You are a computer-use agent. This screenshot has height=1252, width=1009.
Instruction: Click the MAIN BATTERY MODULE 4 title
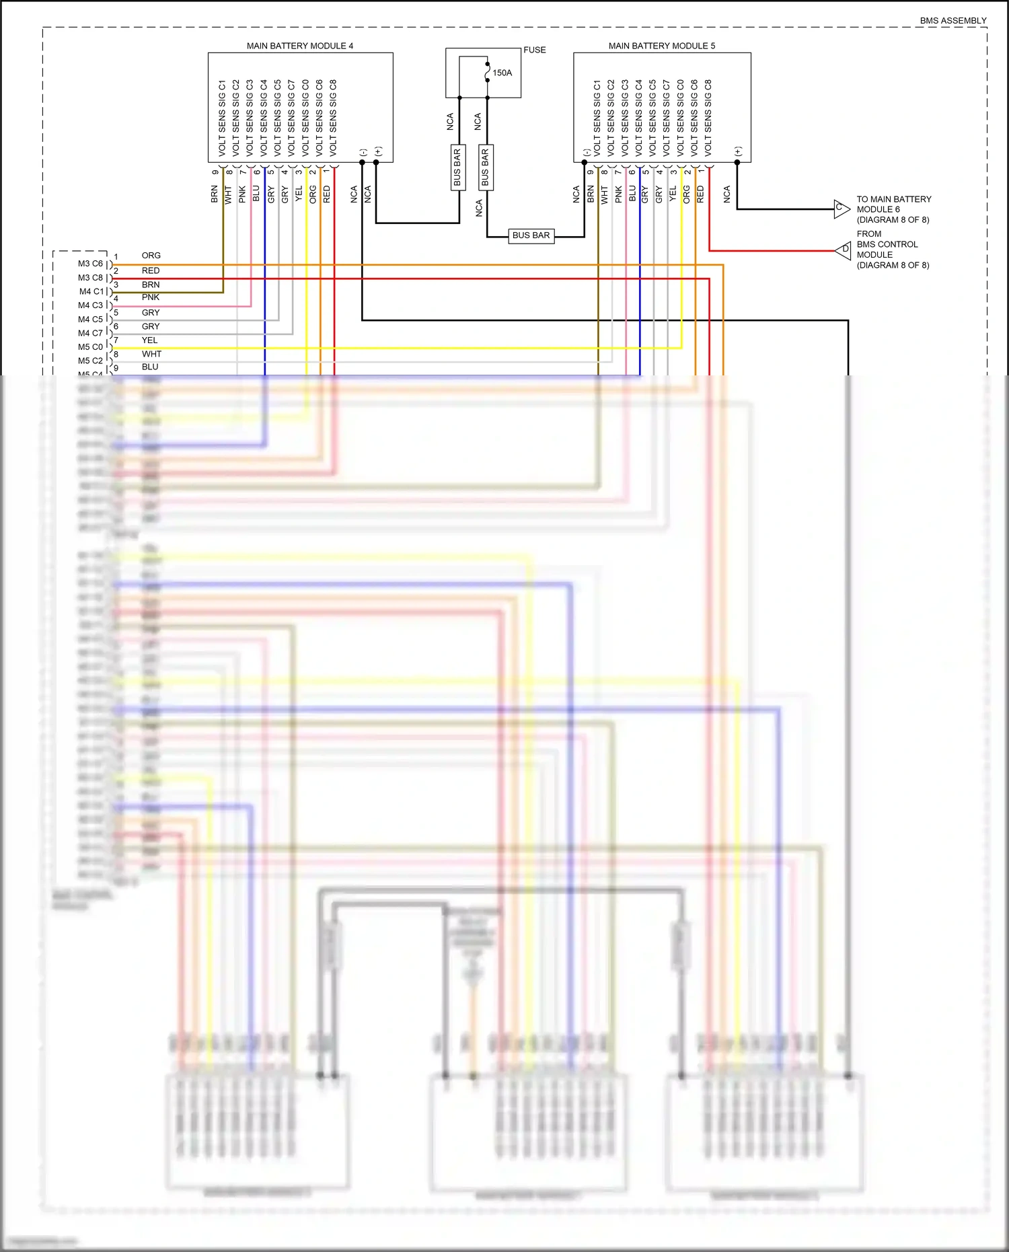pos(299,46)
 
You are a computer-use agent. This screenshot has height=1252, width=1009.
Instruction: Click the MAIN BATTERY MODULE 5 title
pos(661,46)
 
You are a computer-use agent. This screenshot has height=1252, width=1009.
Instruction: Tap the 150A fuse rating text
pos(502,73)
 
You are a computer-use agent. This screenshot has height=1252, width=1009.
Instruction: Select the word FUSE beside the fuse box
pos(535,50)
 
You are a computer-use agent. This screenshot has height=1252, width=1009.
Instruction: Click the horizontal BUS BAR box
pos(531,235)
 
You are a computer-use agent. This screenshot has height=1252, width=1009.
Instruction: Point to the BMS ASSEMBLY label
pos(952,21)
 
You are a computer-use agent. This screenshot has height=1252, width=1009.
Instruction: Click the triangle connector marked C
pos(841,209)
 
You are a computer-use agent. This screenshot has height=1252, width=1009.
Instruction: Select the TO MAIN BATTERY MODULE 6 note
pos(893,209)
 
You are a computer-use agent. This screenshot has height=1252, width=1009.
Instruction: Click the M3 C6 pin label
pos(90,264)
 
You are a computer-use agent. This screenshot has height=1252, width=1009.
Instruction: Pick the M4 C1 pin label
pos(91,291)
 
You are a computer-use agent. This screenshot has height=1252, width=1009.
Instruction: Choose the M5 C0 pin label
pos(90,347)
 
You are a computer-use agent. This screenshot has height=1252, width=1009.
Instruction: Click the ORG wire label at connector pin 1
pos(151,256)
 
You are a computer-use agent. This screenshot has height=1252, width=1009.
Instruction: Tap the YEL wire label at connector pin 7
pos(149,340)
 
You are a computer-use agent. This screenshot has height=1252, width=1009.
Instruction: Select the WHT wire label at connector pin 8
pos(151,354)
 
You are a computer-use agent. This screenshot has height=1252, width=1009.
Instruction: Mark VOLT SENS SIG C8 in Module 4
pos(333,118)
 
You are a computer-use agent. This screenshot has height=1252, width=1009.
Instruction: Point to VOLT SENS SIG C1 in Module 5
pos(597,118)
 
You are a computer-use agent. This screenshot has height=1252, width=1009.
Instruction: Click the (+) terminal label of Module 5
pos(738,151)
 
